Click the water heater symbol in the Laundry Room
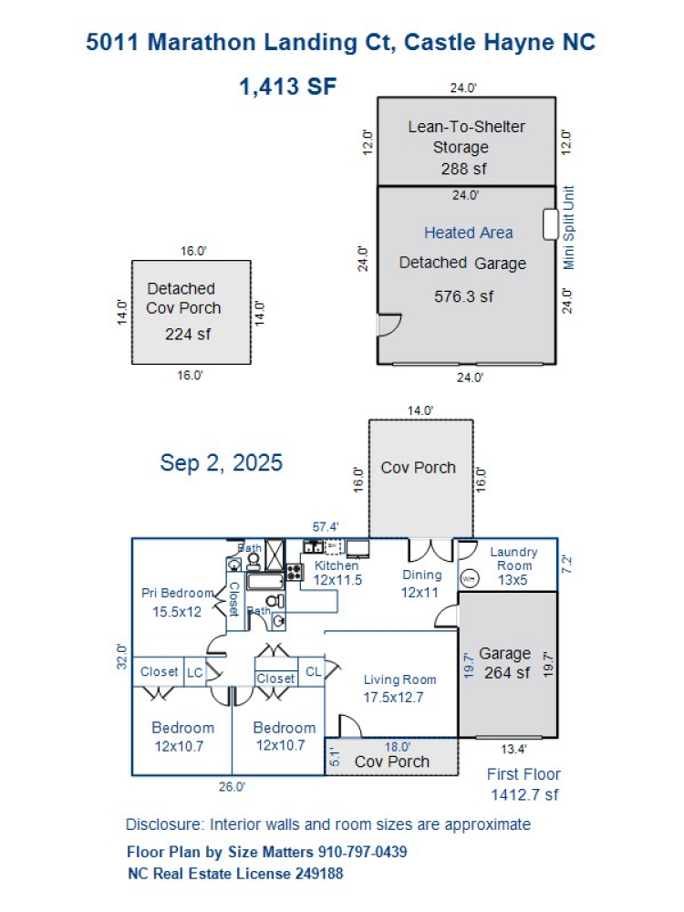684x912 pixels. coord(468,578)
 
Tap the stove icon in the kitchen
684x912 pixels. coord(295,573)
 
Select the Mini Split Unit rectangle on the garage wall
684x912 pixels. coord(550,224)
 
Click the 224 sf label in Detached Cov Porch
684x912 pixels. coord(187,334)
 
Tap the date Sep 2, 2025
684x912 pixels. coord(222,462)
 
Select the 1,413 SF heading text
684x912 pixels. coord(288,88)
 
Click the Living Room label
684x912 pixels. coord(399,679)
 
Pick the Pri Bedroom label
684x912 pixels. coord(177,593)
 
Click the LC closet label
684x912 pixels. coord(195,672)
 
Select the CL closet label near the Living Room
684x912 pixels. coord(313,672)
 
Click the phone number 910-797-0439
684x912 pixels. coord(362,852)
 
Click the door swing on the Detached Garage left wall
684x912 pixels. coord(389,325)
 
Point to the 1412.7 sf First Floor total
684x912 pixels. coord(524,794)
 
